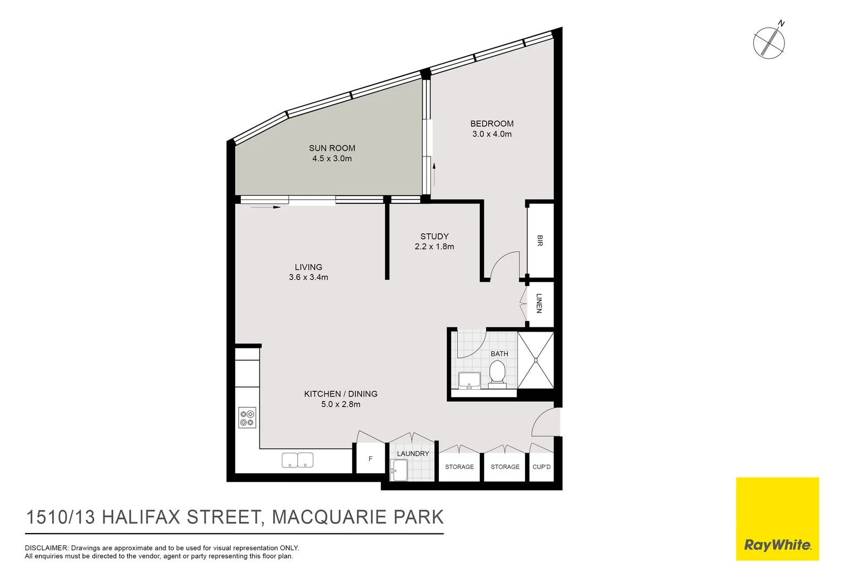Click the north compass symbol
[769, 43]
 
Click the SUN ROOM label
[332, 148]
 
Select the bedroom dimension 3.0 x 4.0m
[491, 134]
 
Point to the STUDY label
[434, 236]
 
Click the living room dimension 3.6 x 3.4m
[308, 277]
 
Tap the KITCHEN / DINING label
[340, 394]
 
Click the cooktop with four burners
[247, 418]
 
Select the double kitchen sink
[297, 460]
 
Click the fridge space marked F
[370, 459]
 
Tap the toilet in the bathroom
[498, 371]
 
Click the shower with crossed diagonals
[536, 360]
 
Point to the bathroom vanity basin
[469, 380]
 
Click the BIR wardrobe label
[540, 241]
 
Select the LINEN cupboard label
[539, 303]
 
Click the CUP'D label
[541, 467]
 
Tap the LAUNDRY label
[413, 454]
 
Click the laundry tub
[399, 470]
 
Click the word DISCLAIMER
[46, 548]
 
